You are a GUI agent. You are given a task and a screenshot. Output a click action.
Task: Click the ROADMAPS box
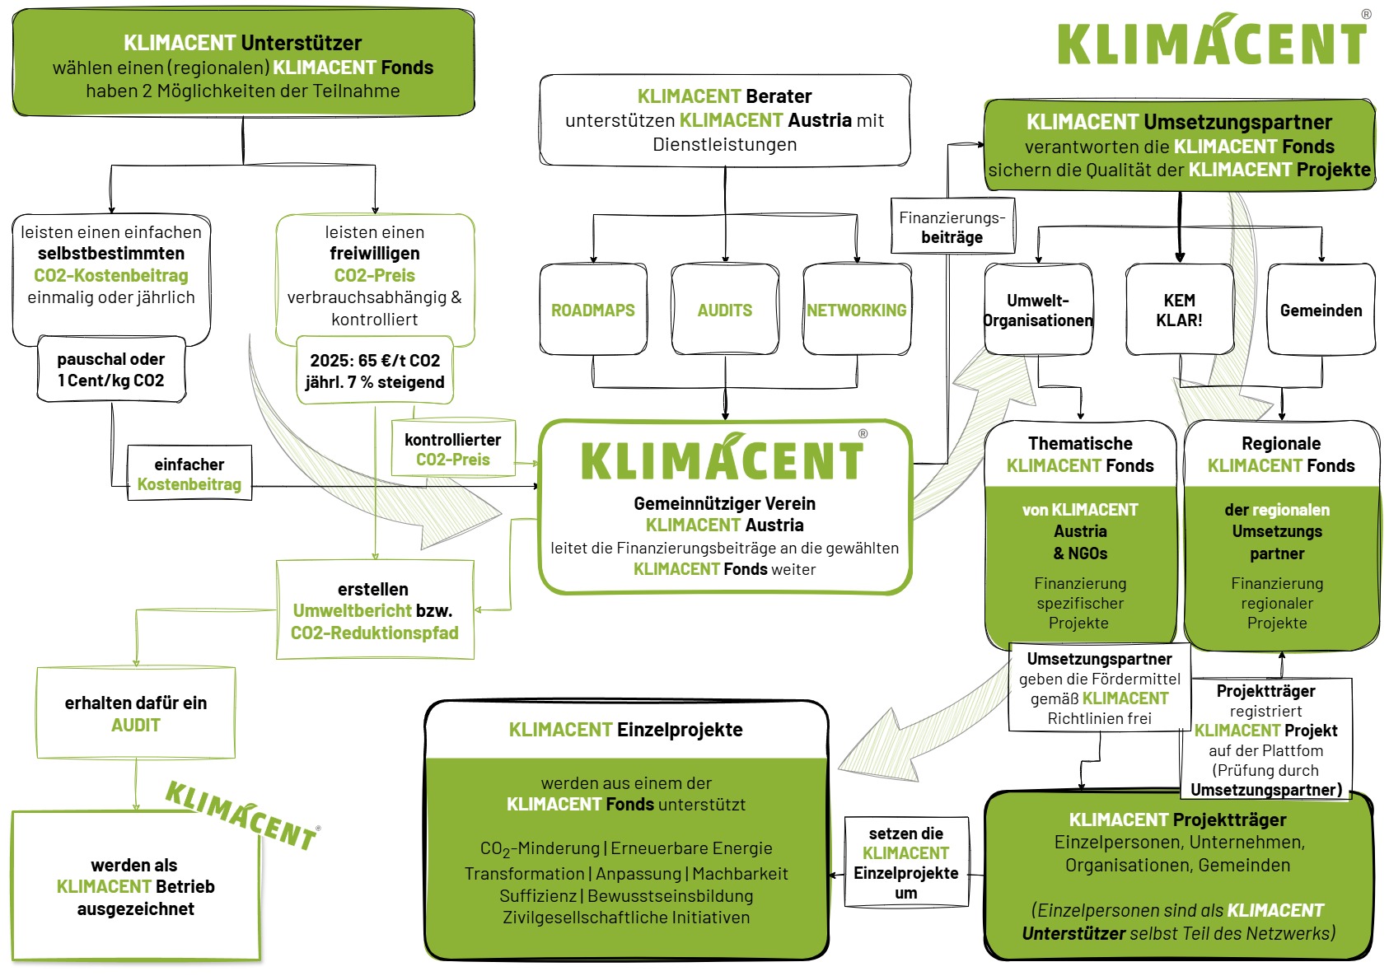point(593,311)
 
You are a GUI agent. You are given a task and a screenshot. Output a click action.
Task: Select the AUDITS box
point(725,311)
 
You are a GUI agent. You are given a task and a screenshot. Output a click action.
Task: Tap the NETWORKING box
point(857,311)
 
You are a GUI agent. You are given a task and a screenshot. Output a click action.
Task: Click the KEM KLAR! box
point(1179,311)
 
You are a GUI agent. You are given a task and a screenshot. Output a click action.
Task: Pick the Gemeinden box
point(1321,311)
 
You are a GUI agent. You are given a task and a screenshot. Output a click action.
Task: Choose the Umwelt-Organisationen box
point(1038,311)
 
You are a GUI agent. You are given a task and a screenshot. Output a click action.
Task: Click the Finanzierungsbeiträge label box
point(952,226)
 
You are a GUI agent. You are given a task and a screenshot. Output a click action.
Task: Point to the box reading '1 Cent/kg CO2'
point(111,370)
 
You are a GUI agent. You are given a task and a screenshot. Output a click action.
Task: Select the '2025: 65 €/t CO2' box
point(375,371)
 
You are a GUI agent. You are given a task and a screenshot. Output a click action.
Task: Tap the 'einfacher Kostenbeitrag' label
point(189,474)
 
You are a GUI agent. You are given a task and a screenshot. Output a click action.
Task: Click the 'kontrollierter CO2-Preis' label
point(453,450)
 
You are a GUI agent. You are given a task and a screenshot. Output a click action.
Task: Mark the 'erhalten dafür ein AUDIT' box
point(136,713)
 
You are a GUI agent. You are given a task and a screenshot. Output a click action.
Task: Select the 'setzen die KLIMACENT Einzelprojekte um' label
point(906,863)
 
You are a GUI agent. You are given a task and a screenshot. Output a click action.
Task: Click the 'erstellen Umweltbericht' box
point(375,610)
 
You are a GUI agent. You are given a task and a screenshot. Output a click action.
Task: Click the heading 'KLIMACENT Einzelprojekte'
point(626,730)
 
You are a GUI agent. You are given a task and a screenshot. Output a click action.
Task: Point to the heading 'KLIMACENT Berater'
point(725,96)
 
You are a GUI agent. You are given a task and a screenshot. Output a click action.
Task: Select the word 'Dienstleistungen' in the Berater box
point(725,145)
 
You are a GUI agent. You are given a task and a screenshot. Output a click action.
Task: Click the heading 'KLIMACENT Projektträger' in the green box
point(1178,820)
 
